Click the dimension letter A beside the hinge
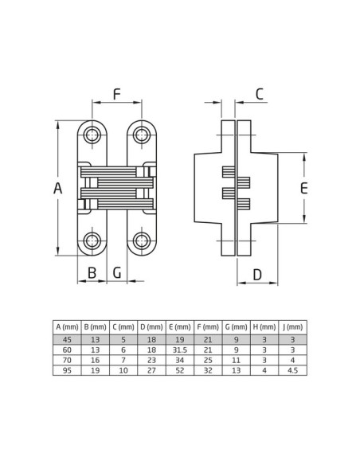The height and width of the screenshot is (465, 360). point(58,189)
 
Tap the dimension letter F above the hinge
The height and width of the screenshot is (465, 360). point(117,94)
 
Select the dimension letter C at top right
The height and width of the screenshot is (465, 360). point(260,94)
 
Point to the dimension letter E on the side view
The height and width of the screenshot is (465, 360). point(304,188)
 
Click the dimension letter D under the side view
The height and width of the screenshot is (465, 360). point(257,275)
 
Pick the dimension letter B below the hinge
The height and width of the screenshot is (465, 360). point(92,272)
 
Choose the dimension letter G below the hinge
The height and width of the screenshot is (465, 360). point(117,272)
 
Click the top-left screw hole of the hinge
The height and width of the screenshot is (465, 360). point(92,135)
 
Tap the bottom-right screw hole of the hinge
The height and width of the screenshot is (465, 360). point(142,240)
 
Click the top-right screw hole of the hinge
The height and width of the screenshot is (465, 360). point(142,135)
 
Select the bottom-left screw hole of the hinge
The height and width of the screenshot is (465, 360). point(92,240)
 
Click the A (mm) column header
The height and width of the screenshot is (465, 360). point(68,327)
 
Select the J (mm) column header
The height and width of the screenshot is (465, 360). point(292,327)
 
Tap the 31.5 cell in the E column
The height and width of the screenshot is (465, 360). point(180,350)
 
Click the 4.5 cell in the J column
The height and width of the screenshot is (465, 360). point(292,370)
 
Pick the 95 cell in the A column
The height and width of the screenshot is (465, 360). point(68,370)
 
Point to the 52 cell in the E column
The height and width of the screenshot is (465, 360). point(180,370)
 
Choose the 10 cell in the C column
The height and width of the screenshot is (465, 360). point(123,370)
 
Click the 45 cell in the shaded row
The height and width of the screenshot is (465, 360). point(68,339)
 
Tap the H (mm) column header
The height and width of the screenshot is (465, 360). point(264,327)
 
